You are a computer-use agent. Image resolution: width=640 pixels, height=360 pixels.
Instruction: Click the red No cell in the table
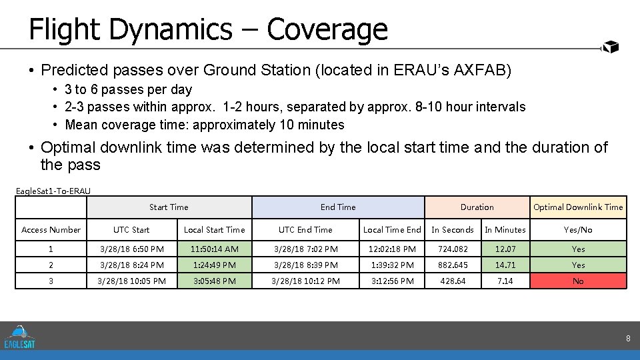tap(578, 281)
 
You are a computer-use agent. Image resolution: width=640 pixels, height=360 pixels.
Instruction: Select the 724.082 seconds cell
tap(453, 249)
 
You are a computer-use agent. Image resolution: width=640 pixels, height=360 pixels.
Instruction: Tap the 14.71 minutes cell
tap(505, 265)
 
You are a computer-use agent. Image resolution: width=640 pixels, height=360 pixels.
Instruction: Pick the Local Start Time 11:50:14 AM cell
tap(214, 249)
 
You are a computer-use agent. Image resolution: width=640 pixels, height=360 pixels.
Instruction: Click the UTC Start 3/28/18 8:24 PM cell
tap(131, 265)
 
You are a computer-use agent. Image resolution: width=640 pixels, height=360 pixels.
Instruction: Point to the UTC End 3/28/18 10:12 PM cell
tap(305, 281)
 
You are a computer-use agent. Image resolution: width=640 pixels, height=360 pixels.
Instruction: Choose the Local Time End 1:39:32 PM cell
tap(392, 265)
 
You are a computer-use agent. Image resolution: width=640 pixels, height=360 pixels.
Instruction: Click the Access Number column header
tap(51, 230)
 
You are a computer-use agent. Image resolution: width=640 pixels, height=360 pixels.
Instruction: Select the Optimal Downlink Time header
tap(578, 207)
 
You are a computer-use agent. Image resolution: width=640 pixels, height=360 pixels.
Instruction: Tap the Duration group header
tap(477, 207)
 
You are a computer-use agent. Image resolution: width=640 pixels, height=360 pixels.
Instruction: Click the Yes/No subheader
tap(578, 230)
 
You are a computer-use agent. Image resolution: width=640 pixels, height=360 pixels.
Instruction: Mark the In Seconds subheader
tap(453, 230)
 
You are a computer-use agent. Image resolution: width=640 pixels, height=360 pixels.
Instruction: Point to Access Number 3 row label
tap(51, 281)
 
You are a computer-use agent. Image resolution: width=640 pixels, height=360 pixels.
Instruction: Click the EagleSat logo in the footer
tap(19, 337)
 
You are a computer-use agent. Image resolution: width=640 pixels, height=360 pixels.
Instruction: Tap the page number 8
tap(627, 339)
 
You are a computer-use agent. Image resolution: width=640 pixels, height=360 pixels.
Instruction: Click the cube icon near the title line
tap(610, 47)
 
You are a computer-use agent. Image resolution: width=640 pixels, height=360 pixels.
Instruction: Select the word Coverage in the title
tap(327, 29)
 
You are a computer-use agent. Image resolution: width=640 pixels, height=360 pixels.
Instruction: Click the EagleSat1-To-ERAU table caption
tap(53, 191)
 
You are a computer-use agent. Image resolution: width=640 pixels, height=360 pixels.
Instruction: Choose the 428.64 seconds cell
tap(453, 281)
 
